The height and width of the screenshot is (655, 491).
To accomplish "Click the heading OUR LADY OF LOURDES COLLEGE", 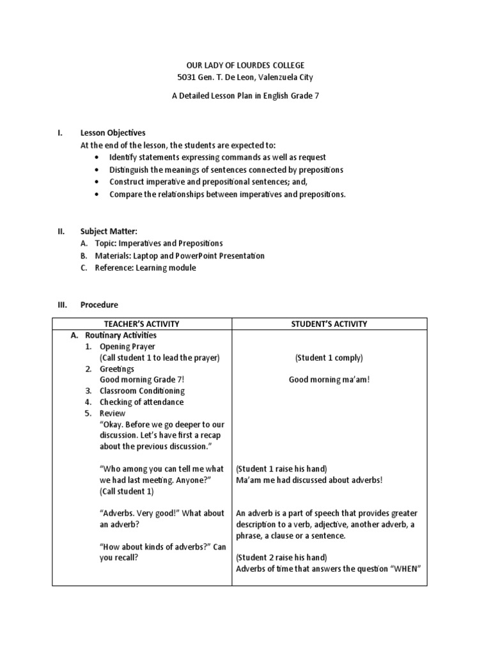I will click(x=245, y=66).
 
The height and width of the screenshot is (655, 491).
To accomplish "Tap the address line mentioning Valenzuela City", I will click(x=245, y=78).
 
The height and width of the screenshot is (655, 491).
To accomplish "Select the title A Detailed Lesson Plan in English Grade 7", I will click(x=245, y=96).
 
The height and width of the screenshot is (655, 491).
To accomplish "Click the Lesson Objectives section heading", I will click(x=113, y=133).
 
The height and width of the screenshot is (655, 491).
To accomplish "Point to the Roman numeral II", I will click(x=61, y=232).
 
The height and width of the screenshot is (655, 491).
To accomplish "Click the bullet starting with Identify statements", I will click(x=217, y=157).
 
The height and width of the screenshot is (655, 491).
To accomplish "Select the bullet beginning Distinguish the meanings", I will click(x=226, y=170).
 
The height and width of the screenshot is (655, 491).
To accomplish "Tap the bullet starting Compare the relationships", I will click(x=227, y=194).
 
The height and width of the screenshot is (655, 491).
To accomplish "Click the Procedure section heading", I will click(x=99, y=305).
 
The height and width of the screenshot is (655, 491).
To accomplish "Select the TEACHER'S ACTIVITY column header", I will click(x=142, y=324).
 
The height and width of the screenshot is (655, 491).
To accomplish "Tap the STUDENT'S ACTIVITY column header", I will click(x=329, y=324).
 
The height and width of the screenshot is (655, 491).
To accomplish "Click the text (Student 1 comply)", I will click(x=329, y=358).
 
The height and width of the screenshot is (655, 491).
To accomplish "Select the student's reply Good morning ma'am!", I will click(x=329, y=380).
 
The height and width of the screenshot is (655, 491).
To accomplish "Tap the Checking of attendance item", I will click(x=141, y=402).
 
